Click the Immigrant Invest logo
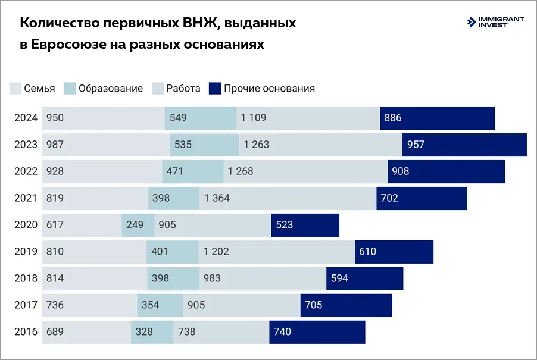[495, 22]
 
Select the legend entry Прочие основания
[262, 89]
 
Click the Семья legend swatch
[15, 89]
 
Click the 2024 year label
[26, 118]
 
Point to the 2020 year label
[26, 225]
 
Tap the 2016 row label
[26, 332]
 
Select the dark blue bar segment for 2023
[464, 145]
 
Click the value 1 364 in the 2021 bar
[217, 198]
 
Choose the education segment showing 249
[138, 225]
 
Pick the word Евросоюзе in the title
[69, 45]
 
